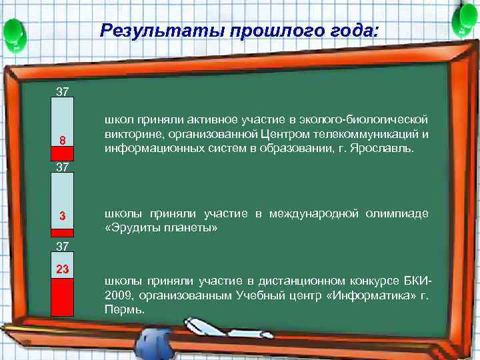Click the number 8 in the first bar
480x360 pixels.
click(62, 141)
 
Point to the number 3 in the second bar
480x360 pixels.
click(62, 216)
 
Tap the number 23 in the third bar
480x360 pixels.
click(62, 270)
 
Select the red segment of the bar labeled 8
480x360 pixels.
click(62, 153)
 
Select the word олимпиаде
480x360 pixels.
click(397, 213)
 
